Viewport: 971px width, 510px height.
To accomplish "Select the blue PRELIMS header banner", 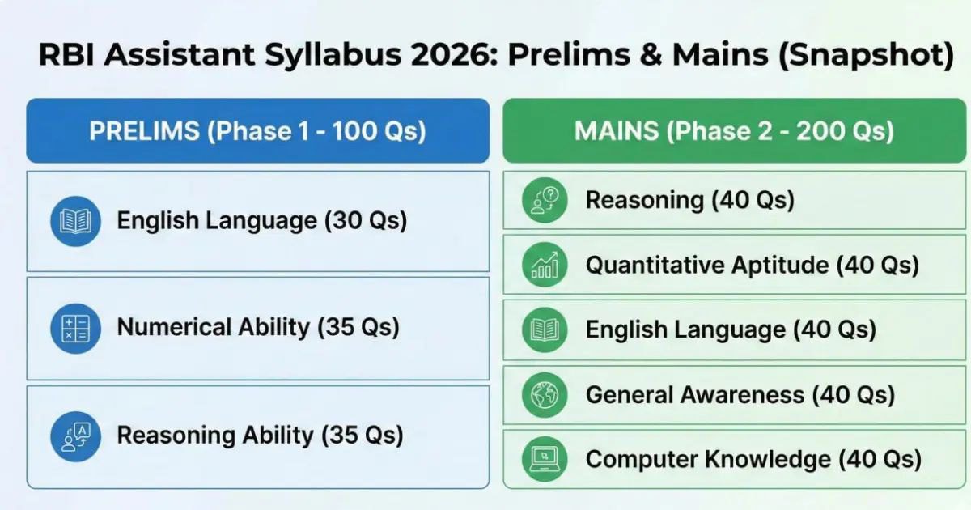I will pos(257,131).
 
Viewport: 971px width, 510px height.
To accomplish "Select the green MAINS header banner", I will pos(734,131).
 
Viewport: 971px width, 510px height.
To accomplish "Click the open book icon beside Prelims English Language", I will pos(75,220).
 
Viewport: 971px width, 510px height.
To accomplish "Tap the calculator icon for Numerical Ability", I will pos(75,328).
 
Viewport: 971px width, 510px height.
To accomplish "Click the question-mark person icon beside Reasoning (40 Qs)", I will pos(544,200).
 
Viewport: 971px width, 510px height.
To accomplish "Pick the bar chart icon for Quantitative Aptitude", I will pos(544,265).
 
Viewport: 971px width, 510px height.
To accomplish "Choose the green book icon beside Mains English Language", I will pos(544,329).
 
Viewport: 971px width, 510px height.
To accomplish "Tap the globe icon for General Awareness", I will pos(544,395).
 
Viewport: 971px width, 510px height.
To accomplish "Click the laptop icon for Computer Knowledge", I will pos(544,459).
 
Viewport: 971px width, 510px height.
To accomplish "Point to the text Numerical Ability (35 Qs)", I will pos(258,327).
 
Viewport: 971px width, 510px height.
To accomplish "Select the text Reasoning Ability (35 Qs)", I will pos(260,435).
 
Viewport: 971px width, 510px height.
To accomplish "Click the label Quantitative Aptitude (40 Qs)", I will pos(752,265).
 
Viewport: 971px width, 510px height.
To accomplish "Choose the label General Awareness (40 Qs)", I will pos(740,395).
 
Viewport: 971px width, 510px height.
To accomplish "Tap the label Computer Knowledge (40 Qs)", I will pos(753,460).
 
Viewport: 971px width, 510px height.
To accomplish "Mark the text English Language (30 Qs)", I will pos(261,220).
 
